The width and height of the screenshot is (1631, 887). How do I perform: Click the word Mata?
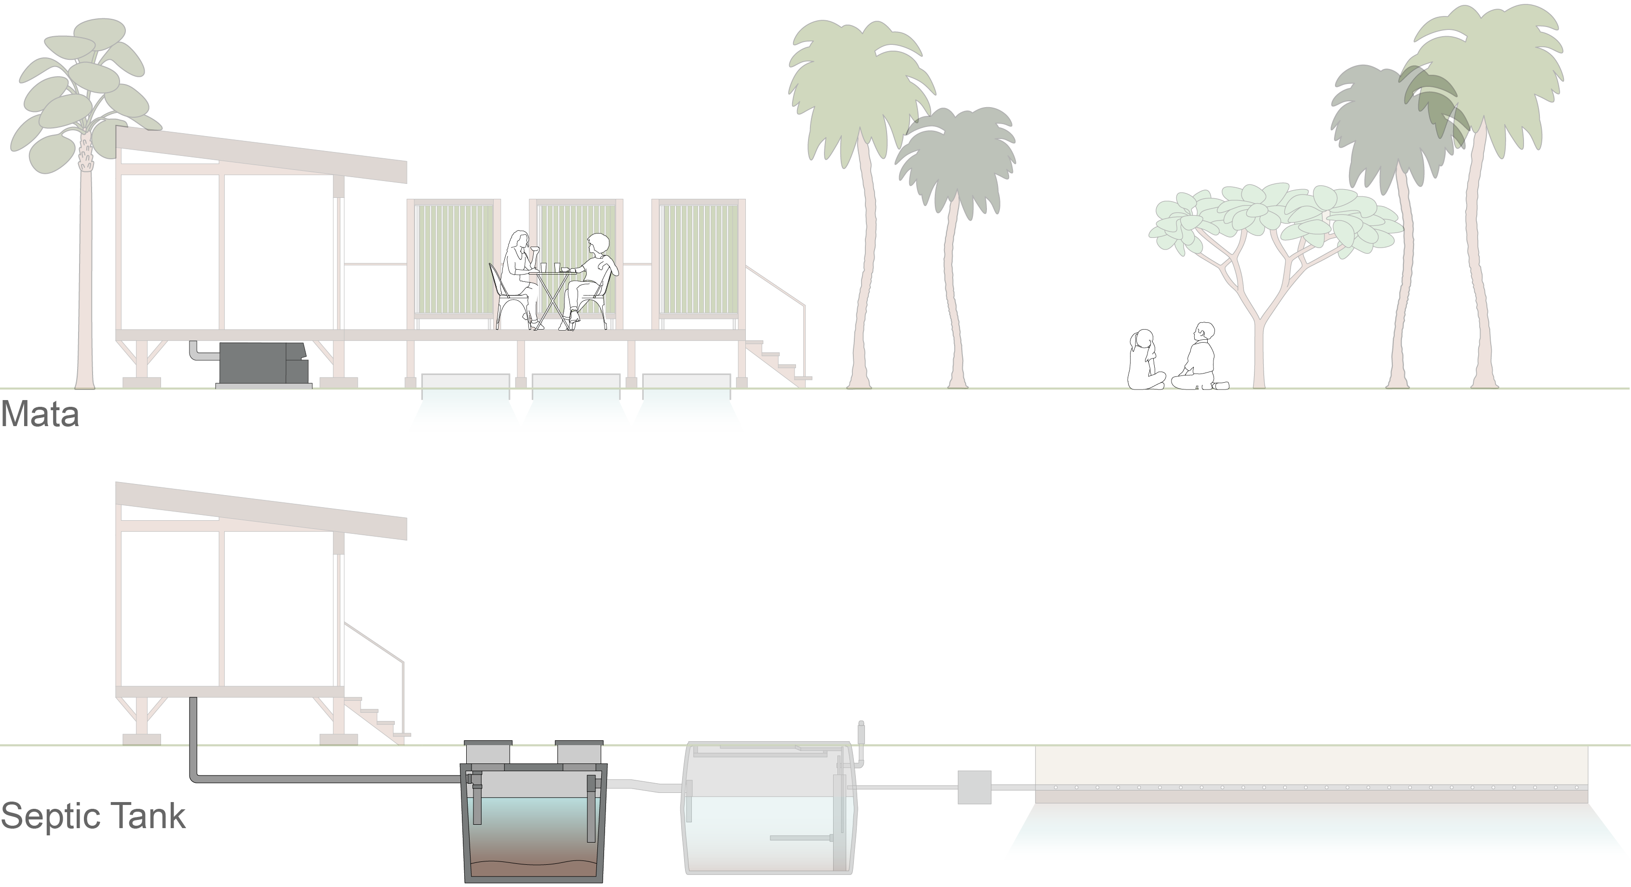click(40, 415)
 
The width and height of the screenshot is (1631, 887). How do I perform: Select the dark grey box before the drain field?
click(974, 787)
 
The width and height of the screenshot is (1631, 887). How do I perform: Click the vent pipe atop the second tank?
click(861, 738)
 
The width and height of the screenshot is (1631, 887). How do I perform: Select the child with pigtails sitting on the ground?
click(1145, 361)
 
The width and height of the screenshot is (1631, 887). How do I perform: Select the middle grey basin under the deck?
click(576, 381)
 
